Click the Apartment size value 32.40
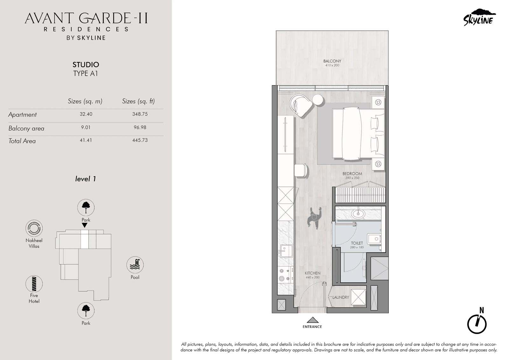pyautogui.click(x=86, y=114)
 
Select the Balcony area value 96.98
pyautogui.click(x=140, y=127)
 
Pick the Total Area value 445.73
pyautogui.click(x=140, y=140)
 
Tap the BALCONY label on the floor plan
pyautogui.click(x=332, y=61)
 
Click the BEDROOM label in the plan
pyautogui.click(x=352, y=173)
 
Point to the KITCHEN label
pyautogui.click(x=312, y=273)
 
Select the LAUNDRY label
pyautogui.click(x=341, y=297)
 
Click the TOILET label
pyautogui.click(x=357, y=243)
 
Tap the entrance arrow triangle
pyautogui.click(x=312, y=320)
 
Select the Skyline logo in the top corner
pyautogui.click(x=479, y=18)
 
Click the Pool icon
pyautogui.click(x=135, y=265)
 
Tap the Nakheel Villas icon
pyautogui.click(x=34, y=228)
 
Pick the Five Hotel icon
pyautogui.click(x=34, y=284)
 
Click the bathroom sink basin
pyautogui.click(x=358, y=214)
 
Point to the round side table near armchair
pyautogui.click(x=318, y=100)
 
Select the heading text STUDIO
pyautogui.click(x=86, y=65)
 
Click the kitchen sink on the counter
pyautogui.click(x=286, y=251)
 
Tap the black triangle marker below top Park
pyautogui.click(x=85, y=225)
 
